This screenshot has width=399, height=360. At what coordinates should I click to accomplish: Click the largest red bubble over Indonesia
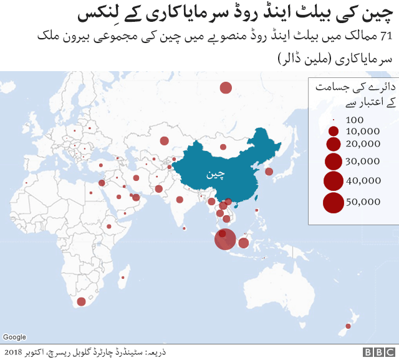(225, 240)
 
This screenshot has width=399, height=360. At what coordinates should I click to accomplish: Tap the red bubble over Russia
(226, 88)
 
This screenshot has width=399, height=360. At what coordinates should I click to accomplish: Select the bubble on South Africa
(80, 302)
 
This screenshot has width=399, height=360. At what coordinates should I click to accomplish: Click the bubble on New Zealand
(348, 326)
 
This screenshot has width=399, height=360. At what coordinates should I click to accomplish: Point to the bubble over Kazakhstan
(165, 140)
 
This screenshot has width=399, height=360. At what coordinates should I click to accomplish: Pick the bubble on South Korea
(269, 172)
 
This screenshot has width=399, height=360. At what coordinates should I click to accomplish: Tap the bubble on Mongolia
(223, 148)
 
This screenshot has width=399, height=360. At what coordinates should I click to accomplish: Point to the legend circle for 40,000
(334, 181)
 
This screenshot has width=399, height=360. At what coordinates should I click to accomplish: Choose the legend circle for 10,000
(334, 132)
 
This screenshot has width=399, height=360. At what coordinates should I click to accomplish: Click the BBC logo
(378, 352)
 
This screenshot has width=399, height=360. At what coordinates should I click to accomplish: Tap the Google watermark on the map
(14, 338)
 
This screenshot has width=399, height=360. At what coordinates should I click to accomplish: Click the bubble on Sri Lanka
(185, 228)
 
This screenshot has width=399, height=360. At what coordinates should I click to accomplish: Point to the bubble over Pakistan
(159, 188)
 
